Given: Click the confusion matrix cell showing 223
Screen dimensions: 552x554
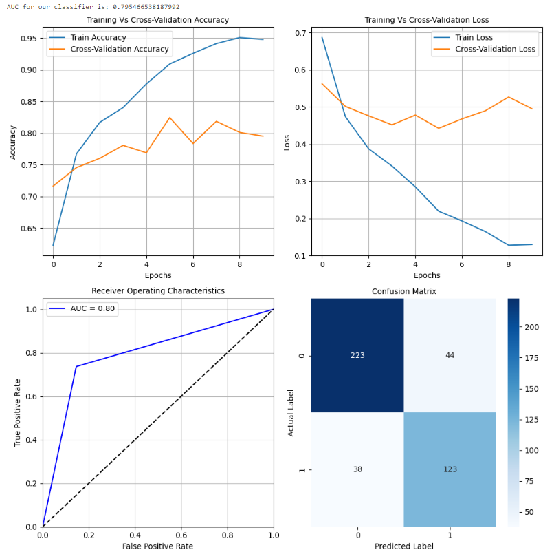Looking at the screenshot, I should coord(357,354).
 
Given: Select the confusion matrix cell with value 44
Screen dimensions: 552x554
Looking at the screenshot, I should coord(450,354).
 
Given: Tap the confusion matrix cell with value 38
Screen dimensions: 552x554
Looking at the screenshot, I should coord(357,469).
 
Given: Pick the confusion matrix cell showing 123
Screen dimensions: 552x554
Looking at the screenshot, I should coord(450,469).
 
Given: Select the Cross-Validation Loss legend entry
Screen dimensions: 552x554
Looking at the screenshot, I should coord(496,49).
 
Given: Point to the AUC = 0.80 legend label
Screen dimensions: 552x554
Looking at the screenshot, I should coord(93,309).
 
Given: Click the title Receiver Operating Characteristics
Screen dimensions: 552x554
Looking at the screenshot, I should coord(158,290).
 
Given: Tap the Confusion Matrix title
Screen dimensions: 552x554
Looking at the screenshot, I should coord(403,291).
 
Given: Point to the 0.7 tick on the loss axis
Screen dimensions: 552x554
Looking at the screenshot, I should coord(300,33).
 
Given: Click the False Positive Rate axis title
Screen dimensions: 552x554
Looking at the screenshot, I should coord(158,545).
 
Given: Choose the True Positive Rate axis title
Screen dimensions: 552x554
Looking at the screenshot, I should coord(18,412).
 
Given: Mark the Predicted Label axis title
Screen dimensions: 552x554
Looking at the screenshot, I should coord(403,546).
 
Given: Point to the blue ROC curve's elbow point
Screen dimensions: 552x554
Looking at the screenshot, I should coord(76,366).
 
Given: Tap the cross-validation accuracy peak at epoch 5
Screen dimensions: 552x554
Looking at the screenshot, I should coord(170,118).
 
